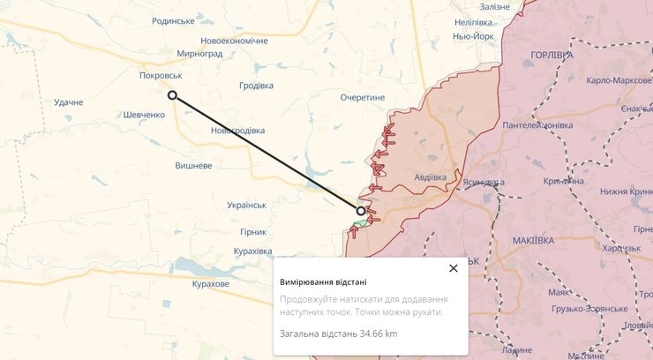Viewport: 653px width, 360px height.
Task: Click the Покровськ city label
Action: tap(161, 76)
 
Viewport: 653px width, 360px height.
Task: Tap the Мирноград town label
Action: tap(199, 54)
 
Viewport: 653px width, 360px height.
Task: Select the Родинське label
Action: tap(173, 20)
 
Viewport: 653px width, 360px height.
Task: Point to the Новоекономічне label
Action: tap(234, 41)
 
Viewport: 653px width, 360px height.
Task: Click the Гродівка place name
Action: tap(256, 86)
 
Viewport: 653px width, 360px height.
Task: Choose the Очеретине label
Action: tap(363, 98)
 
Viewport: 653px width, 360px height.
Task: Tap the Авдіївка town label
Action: tap(430, 177)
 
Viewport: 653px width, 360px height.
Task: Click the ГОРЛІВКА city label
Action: tap(552, 55)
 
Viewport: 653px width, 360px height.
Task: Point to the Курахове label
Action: tap(211, 284)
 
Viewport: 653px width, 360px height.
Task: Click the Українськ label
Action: tap(246, 205)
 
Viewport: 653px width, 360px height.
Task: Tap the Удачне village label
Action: tap(68, 102)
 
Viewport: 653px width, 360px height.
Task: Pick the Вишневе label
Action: tap(193, 165)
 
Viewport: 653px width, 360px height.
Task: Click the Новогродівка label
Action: tap(238, 131)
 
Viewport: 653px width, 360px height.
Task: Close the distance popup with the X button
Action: tap(454, 268)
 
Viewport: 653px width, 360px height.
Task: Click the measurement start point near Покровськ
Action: tap(172, 95)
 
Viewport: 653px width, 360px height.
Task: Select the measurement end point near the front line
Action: tap(361, 211)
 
